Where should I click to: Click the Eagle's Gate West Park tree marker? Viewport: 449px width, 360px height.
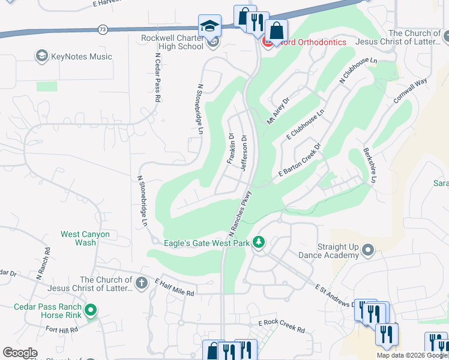(x=259, y=242)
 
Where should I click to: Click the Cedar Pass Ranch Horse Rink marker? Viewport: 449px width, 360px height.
(x=91, y=310)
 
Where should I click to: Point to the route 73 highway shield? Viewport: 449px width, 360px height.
(x=103, y=29)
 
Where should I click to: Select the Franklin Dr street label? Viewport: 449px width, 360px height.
(x=231, y=148)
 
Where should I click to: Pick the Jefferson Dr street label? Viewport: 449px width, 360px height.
(x=244, y=152)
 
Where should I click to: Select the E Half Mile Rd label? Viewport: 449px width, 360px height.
(x=175, y=287)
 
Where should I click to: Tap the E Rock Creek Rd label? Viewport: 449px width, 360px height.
(x=282, y=327)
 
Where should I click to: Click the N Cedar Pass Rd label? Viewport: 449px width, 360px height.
(x=158, y=78)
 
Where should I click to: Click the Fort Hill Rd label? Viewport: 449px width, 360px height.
(x=61, y=329)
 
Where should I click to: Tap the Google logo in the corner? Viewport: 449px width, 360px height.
(x=20, y=353)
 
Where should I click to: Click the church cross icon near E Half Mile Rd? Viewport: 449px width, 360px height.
(x=142, y=283)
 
